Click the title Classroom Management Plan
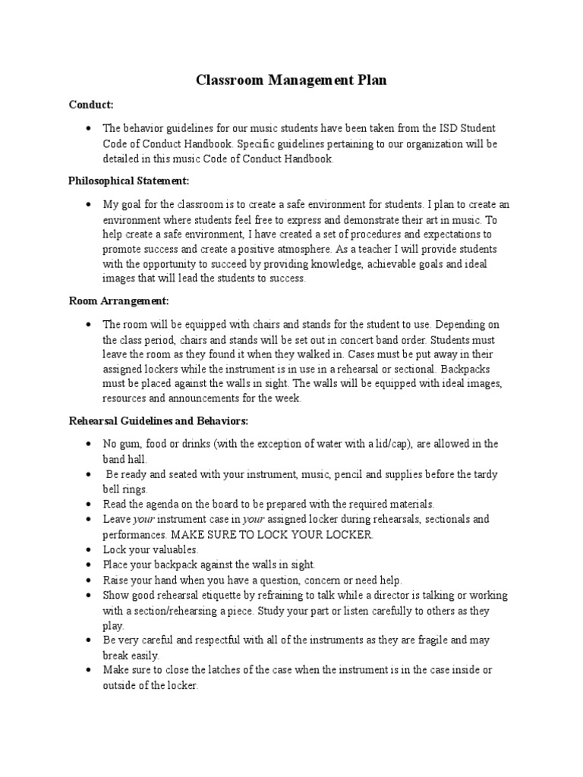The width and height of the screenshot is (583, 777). [291, 80]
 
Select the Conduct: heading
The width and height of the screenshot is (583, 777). [90, 104]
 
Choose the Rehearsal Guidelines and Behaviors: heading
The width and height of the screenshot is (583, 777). [158, 420]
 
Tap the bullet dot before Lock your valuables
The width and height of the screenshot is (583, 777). [90, 549]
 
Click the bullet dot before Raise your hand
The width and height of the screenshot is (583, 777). [90, 580]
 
